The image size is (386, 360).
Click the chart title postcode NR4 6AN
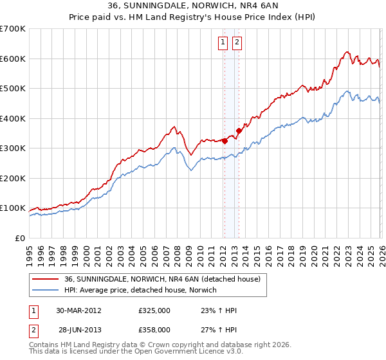pos(251,6)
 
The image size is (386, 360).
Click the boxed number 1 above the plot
pos(223,43)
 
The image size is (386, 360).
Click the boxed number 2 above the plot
pos(237,43)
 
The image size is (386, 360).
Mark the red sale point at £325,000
pos(225,141)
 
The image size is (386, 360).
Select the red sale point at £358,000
pos(239,130)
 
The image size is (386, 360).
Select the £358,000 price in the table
pos(154,330)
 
